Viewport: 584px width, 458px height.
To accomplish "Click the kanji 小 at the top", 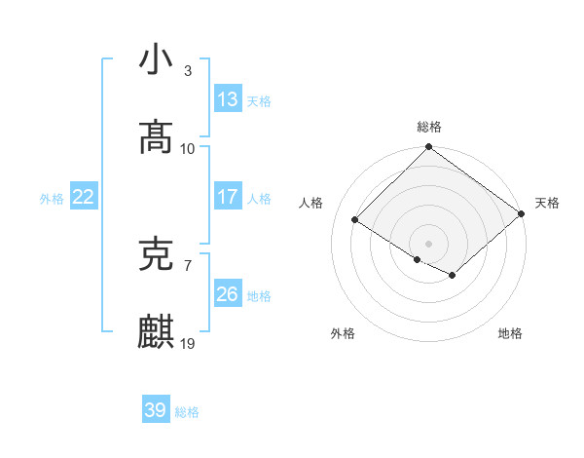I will pyautogui.click(x=157, y=59).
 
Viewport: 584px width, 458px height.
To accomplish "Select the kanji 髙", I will pyautogui.click(x=157, y=137).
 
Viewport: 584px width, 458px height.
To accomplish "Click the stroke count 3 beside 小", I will pyautogui.click(x=188, y=71).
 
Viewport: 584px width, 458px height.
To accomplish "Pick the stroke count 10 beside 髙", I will pyautogui.click(x=188, y=148).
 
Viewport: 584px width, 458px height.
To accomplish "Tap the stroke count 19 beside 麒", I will pyautogui.click(x=188, y=344).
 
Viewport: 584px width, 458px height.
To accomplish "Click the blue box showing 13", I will pyautogui.click(x=227, y=99).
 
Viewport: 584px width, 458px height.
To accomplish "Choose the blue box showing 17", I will pyautogui.click(x=227, y=197).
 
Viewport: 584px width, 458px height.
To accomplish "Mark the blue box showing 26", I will pyautogui.click(x=227, y=294).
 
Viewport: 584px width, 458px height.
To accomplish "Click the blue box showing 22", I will pyautogui.click(x=83, y=197).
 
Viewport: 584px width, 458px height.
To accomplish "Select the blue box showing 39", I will pyautogui.click(x=156, y=410).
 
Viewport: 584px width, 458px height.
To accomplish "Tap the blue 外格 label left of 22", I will pyautogui.click(x=52, y=199).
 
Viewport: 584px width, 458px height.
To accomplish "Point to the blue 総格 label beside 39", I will pyautogui.click(x=187, y=412).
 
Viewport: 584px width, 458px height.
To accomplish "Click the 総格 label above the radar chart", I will pyautogui.click(x=429, y=127).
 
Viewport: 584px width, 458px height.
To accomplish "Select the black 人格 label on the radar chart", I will pyautogui.click(x=311, y=203).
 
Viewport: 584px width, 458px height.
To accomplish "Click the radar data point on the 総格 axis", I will pyautogui.click(x=429, y=148).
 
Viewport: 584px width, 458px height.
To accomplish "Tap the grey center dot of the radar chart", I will pyautogui.click(x=429, y=243).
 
